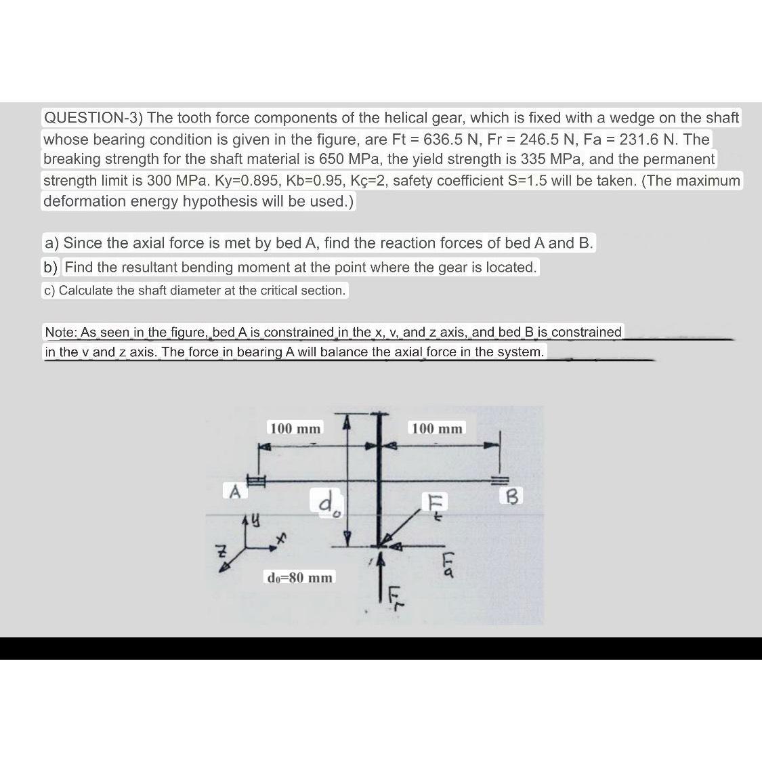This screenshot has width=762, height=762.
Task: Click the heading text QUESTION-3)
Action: tap(93, 118)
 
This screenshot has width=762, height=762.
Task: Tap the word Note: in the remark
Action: tap(60, 332)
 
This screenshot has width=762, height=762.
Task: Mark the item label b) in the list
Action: tap(51, 268)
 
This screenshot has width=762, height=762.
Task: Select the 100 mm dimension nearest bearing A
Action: tap(295, 429)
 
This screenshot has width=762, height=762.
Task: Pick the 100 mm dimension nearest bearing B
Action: tap(437, 429)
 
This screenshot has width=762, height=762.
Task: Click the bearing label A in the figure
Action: tap(234, 491)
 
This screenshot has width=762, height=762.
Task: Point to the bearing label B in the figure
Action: tap(512, 497)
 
